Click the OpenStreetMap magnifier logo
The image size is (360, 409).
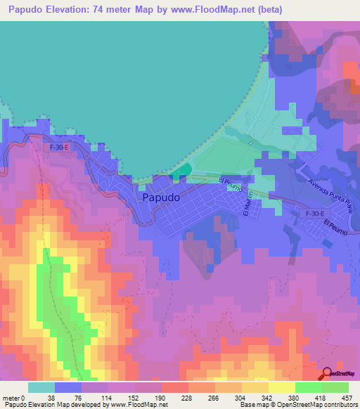[x=328, y=374]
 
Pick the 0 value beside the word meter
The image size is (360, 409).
[x=22, y=397]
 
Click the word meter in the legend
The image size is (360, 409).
[x=10, y=397]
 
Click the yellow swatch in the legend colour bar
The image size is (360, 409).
[x=281, y=387]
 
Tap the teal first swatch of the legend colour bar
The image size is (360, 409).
[x=41, y=387]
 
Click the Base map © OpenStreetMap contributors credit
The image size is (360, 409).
[x=298, y=405]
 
